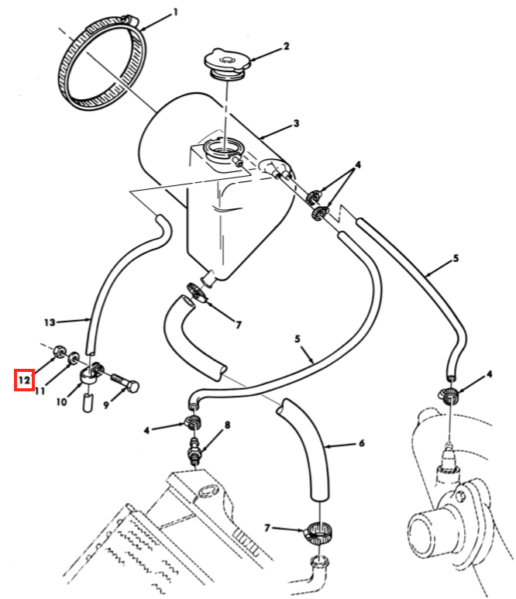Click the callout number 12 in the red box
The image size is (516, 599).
24,380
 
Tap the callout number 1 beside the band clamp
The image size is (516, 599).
175,12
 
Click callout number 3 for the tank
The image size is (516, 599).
296,123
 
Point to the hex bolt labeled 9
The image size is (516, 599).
126,382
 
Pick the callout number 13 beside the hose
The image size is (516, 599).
50,322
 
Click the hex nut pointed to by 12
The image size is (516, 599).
59,350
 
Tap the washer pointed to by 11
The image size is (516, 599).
73,358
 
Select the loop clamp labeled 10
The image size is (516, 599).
92,374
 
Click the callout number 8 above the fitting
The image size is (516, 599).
227,425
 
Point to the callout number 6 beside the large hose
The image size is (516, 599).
361,443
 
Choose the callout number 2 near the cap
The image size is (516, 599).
286,46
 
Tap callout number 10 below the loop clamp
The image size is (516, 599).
61,401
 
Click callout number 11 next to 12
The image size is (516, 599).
40,391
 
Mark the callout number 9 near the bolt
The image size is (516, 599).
106,404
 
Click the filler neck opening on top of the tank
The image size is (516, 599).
222,148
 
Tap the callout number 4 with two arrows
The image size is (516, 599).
357,165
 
